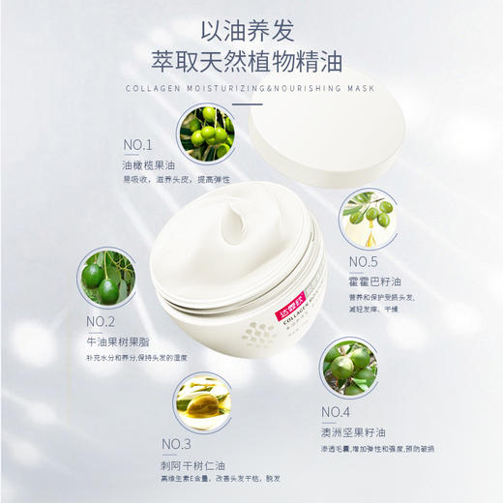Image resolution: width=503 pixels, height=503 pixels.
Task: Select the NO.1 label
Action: tap(138, 146)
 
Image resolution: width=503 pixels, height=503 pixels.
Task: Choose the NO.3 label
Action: tap(176, 444)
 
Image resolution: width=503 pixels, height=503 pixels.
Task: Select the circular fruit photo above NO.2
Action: tap(105, 278)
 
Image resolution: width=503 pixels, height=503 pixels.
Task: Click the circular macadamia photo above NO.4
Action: tap(348, 366)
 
